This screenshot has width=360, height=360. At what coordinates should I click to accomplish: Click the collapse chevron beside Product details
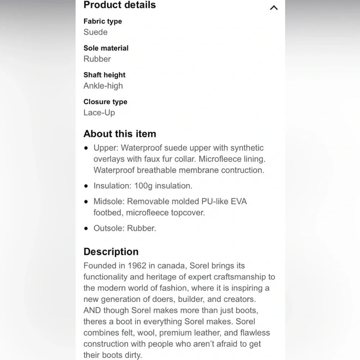pos(274,8)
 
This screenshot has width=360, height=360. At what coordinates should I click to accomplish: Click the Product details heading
pos(120,5)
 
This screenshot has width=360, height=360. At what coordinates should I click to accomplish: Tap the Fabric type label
pos(103,21)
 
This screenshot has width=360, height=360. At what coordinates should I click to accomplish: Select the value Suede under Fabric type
pos(95,32)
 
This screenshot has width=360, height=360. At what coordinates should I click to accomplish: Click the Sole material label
pos(106,48)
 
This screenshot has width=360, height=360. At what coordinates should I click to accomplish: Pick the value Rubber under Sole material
pos(97,59)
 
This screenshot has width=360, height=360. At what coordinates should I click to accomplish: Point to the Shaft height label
pos(104,75)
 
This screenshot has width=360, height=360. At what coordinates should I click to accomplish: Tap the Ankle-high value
pos(103,86)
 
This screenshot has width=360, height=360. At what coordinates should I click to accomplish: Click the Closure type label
pos(105,102)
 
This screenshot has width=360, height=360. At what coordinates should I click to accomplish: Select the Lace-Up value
pos(99,112)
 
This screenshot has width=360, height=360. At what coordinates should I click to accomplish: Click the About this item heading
pos(120,134)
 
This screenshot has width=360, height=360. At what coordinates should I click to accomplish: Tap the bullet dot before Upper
pos(86,148)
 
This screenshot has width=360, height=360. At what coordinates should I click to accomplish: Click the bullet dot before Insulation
pos(86,186)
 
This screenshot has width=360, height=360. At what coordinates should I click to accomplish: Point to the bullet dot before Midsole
pos(86,202)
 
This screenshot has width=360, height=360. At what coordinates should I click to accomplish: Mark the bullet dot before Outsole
pos(86,228)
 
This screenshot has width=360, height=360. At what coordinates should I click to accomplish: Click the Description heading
pos(111,251)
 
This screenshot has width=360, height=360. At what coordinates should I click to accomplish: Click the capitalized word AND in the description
pos(92,310)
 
